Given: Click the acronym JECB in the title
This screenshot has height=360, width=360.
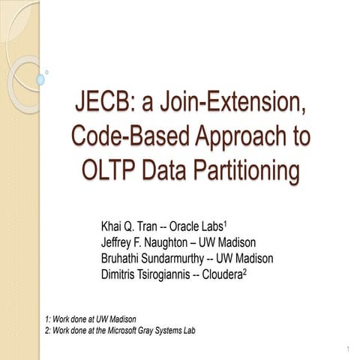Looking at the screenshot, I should click(103, 103).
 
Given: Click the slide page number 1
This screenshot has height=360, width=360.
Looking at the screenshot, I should click(349, 350).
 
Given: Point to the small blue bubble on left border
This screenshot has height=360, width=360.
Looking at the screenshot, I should click(40, 79).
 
